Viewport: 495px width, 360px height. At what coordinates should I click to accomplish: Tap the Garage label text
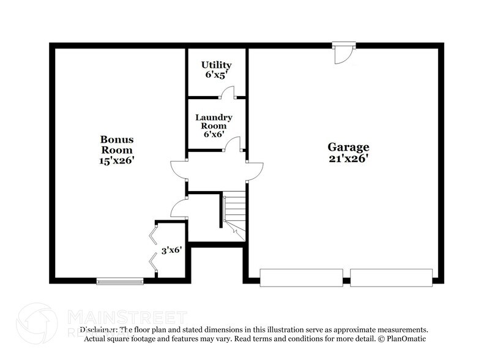[x=348, y=147]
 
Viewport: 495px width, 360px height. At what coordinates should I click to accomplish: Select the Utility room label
[x=217, y=65]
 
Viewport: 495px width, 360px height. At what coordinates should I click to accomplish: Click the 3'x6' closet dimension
[x=171, y=250]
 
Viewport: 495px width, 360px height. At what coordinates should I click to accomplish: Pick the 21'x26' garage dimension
[x=348, y=159]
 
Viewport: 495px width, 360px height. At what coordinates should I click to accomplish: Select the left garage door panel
[x=301, y=277]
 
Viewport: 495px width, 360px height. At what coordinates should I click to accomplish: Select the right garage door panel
[x=391, y=277]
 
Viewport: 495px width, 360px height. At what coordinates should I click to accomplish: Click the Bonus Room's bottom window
[x=120, y=282]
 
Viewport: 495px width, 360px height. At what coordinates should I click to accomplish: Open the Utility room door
[x=227, y=92]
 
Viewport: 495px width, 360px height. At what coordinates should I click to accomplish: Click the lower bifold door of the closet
[x=152, y=262]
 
